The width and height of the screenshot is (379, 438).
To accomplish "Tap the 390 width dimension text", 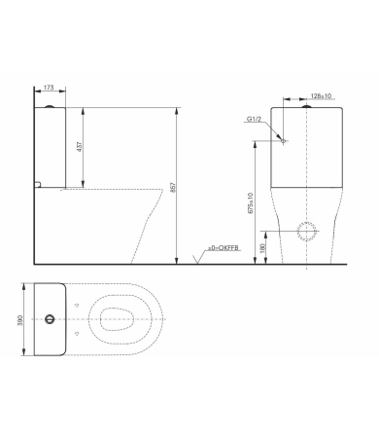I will (x=21, y=319).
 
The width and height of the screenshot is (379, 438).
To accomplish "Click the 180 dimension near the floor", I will (x=263, y=249).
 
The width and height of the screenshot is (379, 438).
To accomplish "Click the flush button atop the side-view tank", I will (x=49, y=105).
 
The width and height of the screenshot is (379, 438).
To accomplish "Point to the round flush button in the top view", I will (x=49, y=319).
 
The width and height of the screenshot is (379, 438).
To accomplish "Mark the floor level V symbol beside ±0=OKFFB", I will (x=199, y=256).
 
